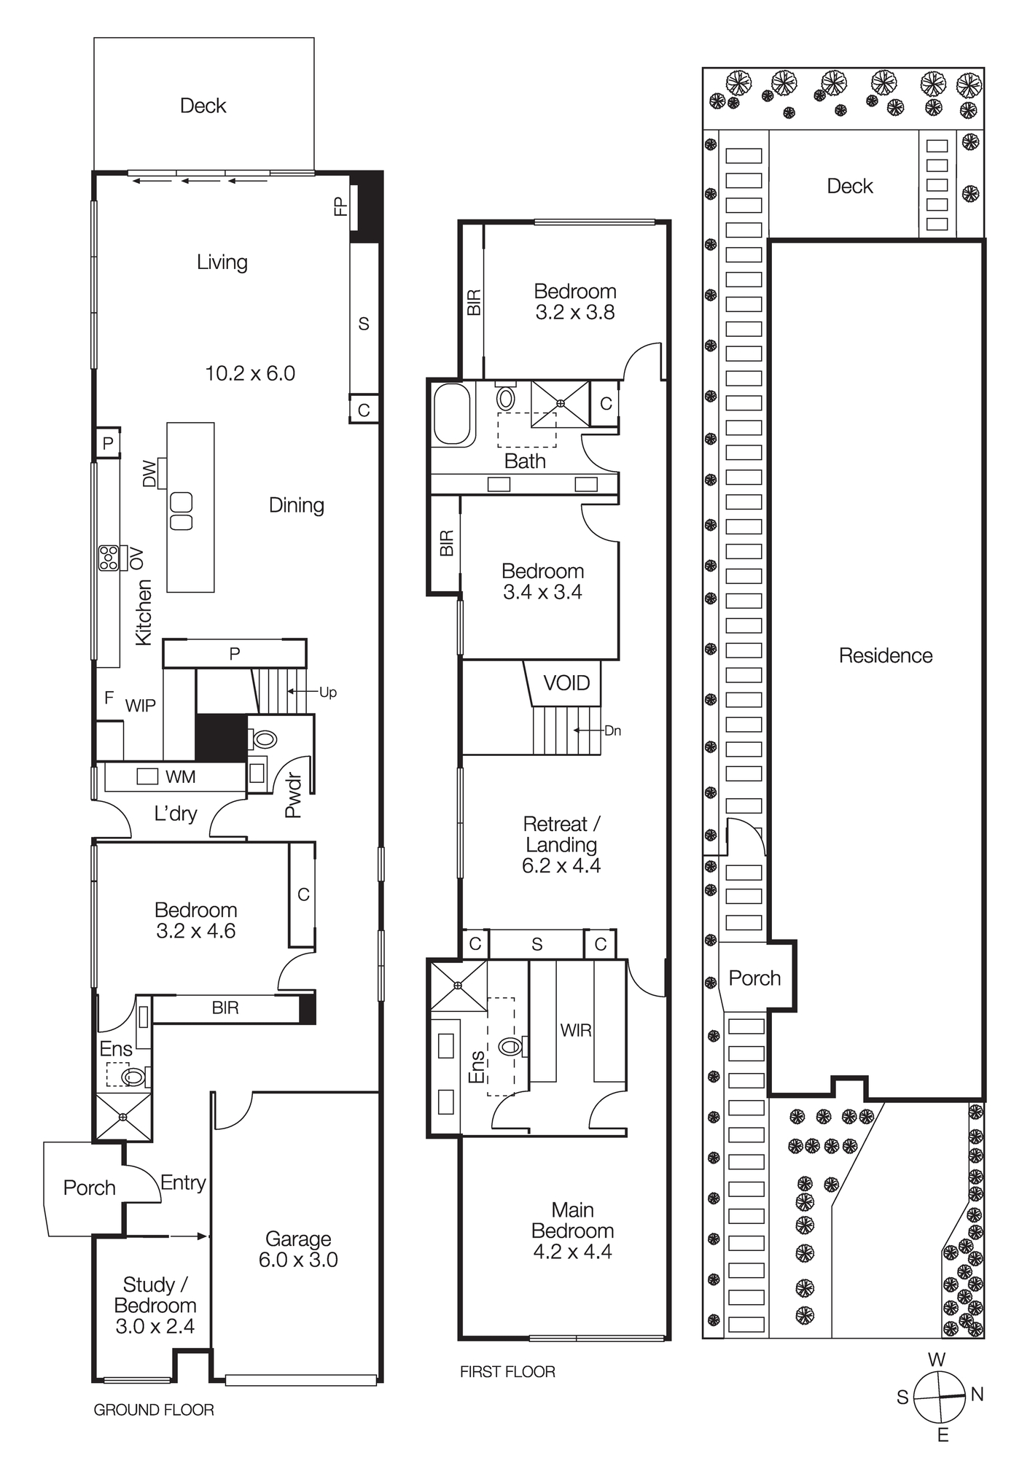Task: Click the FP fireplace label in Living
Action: (x=340, y=206)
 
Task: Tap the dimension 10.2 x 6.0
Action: (x=250, y=374)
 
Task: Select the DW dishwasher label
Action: (x=149, y=474)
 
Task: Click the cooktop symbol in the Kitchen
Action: (x=109, y=558)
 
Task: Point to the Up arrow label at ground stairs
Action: (x=328, y=693)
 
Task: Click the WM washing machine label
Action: (x=180, y=777)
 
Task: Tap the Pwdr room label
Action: (x=293, y=795)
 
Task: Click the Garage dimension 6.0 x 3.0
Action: (x=298, y=1260)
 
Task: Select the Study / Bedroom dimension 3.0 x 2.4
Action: (x=155, y=1326)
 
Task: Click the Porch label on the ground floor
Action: (x=89, y=1188)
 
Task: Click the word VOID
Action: (x=566, y=683)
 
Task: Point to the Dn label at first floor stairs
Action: (x=612, y=730)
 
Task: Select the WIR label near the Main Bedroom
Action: (x=575, y=1030)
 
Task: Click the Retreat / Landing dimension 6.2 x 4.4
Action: (x=561, y=865)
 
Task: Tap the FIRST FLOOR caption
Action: (x=507, y=1372)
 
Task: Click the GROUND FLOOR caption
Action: (x=154, y=1410)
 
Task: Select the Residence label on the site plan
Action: (x=885, y=655)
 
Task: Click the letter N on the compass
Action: (x=977, y=1395)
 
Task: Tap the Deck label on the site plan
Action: (x=849, y=186)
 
